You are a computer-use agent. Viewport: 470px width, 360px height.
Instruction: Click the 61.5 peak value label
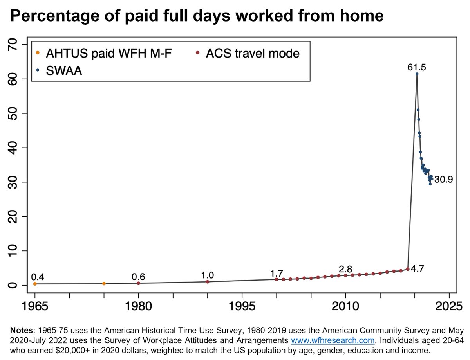(416, 68)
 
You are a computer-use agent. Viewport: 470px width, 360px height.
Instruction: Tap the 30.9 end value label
(443, 180)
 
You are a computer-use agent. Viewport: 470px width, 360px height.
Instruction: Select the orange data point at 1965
(35, 284)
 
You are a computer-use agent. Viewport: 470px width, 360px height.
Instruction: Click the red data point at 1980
(138, 283)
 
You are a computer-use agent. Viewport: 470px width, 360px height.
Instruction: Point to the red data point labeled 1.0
(208, 282)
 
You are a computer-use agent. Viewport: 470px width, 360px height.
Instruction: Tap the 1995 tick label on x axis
(242, 305)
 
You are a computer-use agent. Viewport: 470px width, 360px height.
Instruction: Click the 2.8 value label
(345, 269)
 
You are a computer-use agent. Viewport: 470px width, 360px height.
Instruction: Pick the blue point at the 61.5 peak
(417, 74)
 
